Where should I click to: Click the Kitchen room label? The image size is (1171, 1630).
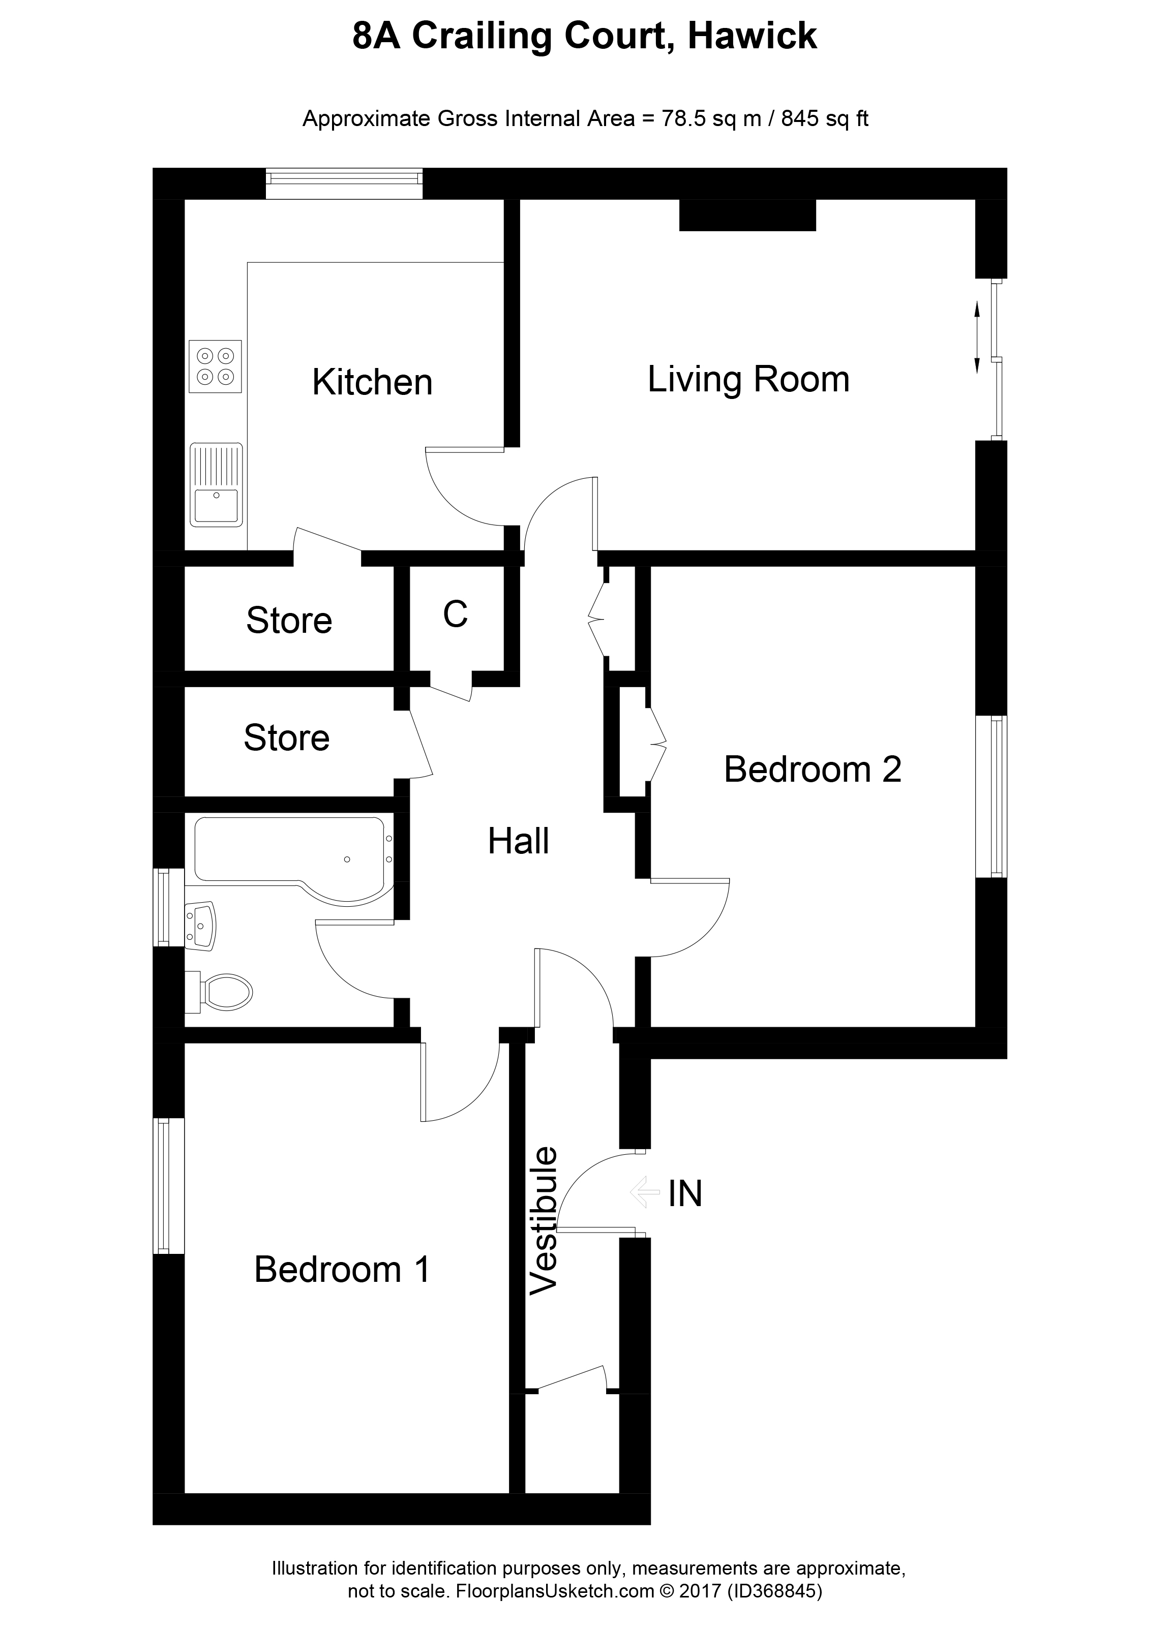372,382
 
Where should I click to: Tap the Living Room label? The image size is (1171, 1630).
748,380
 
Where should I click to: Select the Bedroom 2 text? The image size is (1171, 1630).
813,769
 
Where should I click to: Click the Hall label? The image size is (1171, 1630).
518,841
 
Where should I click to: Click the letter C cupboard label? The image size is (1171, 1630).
456,614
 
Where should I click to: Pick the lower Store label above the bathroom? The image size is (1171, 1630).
287,737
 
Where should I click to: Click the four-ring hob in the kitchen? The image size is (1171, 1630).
216,366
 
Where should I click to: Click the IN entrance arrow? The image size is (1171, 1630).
645,1192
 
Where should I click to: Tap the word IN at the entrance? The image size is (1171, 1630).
684,1194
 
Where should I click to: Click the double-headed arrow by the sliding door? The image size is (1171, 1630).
977,338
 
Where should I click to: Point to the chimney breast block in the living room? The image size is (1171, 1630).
747,215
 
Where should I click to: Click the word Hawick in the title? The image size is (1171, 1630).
753,36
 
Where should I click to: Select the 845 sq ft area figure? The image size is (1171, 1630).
825,118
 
